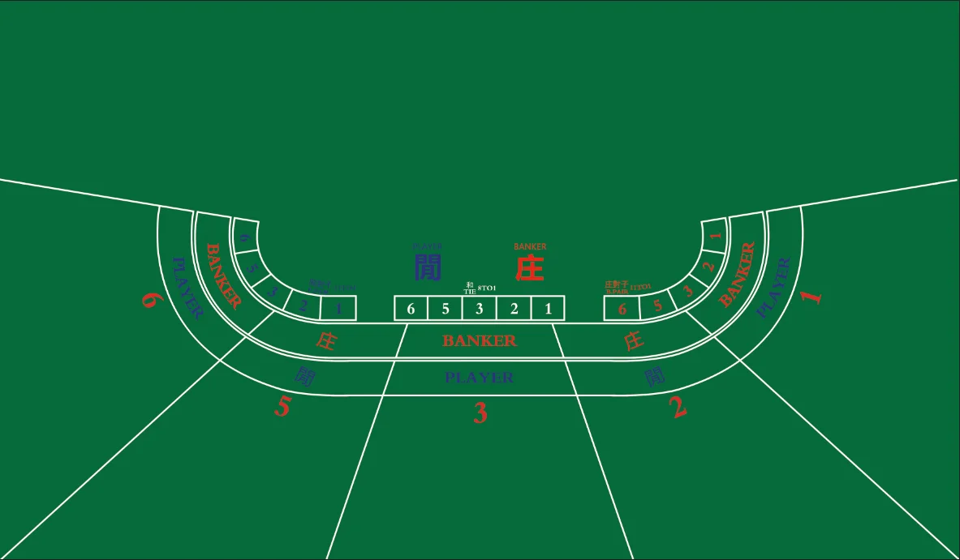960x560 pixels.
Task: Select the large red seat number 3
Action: coord(480,414)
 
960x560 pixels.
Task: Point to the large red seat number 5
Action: coord(282,406)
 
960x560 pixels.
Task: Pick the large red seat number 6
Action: coord(150,299)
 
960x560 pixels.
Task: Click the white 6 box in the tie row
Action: coord(411,309)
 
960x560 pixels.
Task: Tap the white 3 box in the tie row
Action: coord(480,309)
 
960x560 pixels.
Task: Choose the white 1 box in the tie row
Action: coord(549,309)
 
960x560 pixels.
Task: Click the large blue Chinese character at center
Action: coord(428,268)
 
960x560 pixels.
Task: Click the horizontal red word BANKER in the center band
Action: coord(480,341)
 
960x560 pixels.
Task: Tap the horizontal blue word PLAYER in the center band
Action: coord(480,378)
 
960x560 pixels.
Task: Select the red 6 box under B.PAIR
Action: coord(622,309)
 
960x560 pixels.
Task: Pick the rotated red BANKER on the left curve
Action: coord(222,276)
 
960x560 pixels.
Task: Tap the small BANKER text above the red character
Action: coord(530,246)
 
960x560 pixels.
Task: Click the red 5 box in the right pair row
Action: coord(657,305)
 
